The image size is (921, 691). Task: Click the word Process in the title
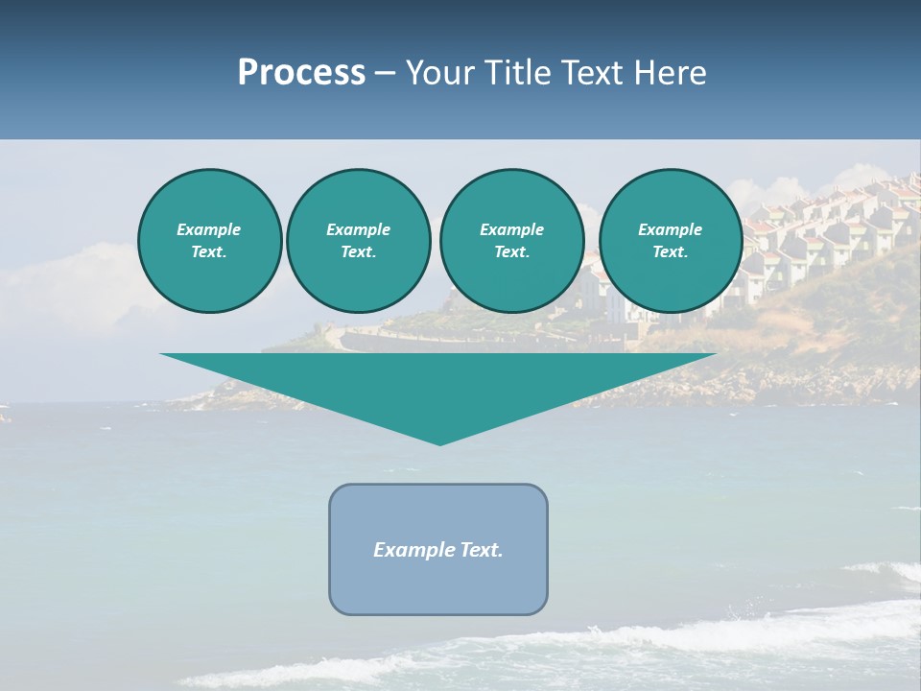click(x=301, y=73)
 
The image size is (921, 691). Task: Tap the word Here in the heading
click(x=671, y=73)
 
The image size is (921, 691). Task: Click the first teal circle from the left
click(x=209, y=241)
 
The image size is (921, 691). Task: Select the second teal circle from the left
click(x=358, y=241)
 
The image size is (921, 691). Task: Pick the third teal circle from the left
click(x=511, y=241)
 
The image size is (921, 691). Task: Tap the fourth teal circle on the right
click(x=670, y=241)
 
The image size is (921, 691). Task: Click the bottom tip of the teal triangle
click(x=440, y=442)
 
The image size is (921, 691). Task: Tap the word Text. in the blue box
click(x=482, y=550)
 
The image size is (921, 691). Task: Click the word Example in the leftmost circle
click(x=209, y=229)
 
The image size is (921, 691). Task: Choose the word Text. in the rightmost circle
click(x=670, y=252)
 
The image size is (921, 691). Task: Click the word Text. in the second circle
click(x=358, y=252)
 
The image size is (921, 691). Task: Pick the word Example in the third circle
click(x=511, y=229)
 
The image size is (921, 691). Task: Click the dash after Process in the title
click(x=386, y=74)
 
